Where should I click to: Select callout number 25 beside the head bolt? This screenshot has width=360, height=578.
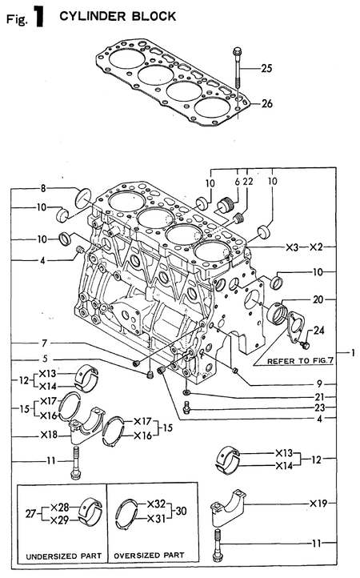pyautogui.click(x=266, y=69)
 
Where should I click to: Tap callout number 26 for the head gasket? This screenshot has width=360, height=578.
pyautogui.click(x=266, y=102)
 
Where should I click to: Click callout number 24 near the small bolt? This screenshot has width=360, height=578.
pyautogui.click(x=319, y=330)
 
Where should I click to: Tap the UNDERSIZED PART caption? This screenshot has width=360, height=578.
pyautogui.click(x=61, y=555)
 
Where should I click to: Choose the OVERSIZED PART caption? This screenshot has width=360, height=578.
pyautogui.click(x=152, y=555)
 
